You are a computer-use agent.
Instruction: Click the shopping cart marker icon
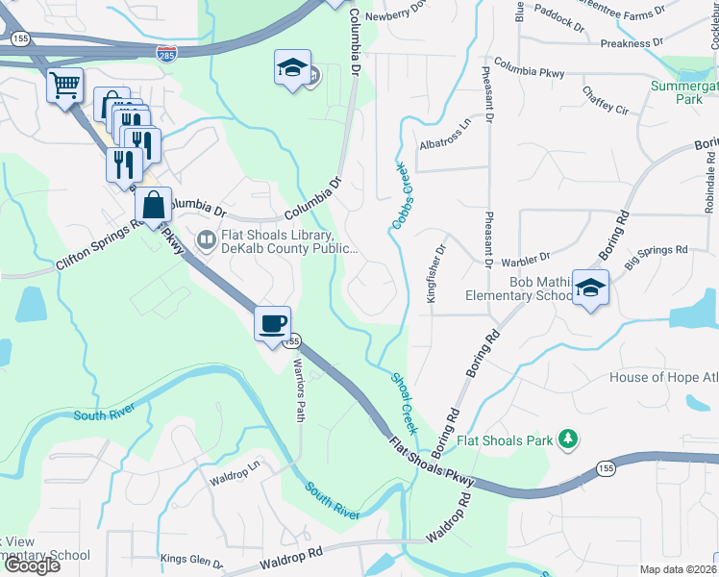[64, 86]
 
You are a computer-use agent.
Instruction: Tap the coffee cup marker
[273, 322]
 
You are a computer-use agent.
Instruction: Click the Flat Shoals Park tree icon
[568, 440]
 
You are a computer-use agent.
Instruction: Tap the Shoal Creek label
[404, 400]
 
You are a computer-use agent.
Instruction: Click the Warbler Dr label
[525, 258]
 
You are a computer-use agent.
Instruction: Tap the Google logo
[32, 565]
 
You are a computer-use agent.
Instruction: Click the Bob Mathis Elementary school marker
[590, 288]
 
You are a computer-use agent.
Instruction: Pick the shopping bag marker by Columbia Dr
[154, 204]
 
